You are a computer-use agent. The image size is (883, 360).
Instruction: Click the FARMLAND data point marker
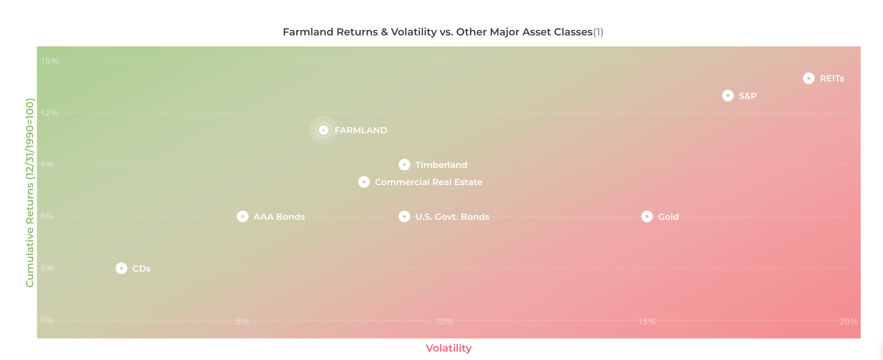[x=324, y=130]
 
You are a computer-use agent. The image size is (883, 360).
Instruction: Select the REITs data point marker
[x=809, y=78]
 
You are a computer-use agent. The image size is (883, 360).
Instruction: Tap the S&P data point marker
[x=728, y=96]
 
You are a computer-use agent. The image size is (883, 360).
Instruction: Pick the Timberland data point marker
[x=404, y=165]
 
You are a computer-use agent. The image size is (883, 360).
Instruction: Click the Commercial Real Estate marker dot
[x=364, y=182]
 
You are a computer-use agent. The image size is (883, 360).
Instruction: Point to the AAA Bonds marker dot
[x=242, y=217]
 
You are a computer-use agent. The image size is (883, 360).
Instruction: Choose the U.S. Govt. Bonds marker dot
[x=404, y=217]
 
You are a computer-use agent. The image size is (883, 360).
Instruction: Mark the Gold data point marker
[x=647, y=217]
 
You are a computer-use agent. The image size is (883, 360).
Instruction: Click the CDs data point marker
[x=121, y=268]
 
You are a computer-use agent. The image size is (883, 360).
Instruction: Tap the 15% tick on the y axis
[x=50, y=61]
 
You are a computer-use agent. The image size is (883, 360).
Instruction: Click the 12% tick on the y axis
[x=50, y=113]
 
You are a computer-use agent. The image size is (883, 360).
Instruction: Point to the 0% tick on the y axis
[x=47, y=320]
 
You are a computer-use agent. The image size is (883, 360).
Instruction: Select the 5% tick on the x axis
[x=242, y=322]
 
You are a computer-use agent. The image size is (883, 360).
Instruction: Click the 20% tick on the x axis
[x=849, y=322]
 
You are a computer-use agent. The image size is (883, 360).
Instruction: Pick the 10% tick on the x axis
[x=445, y=322]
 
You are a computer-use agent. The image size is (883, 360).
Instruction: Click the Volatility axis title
[x=449, y=348]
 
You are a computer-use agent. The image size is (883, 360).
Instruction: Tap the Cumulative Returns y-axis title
[x=30, y=193]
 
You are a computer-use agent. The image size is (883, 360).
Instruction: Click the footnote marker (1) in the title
[x=598, y=32]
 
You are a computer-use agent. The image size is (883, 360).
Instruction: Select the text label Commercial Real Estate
[x=429, y=182]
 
